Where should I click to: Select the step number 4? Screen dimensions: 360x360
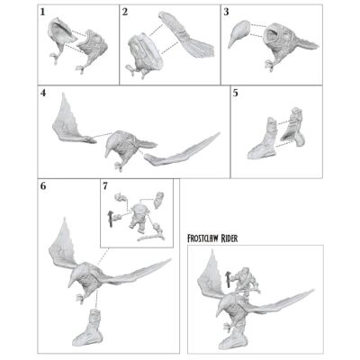[x=43, y=93]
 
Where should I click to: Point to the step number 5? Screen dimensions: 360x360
[x=236, y=93]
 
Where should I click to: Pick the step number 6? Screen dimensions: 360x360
[x=43, y=186]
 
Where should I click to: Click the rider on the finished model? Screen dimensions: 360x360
[x=247, y=282]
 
